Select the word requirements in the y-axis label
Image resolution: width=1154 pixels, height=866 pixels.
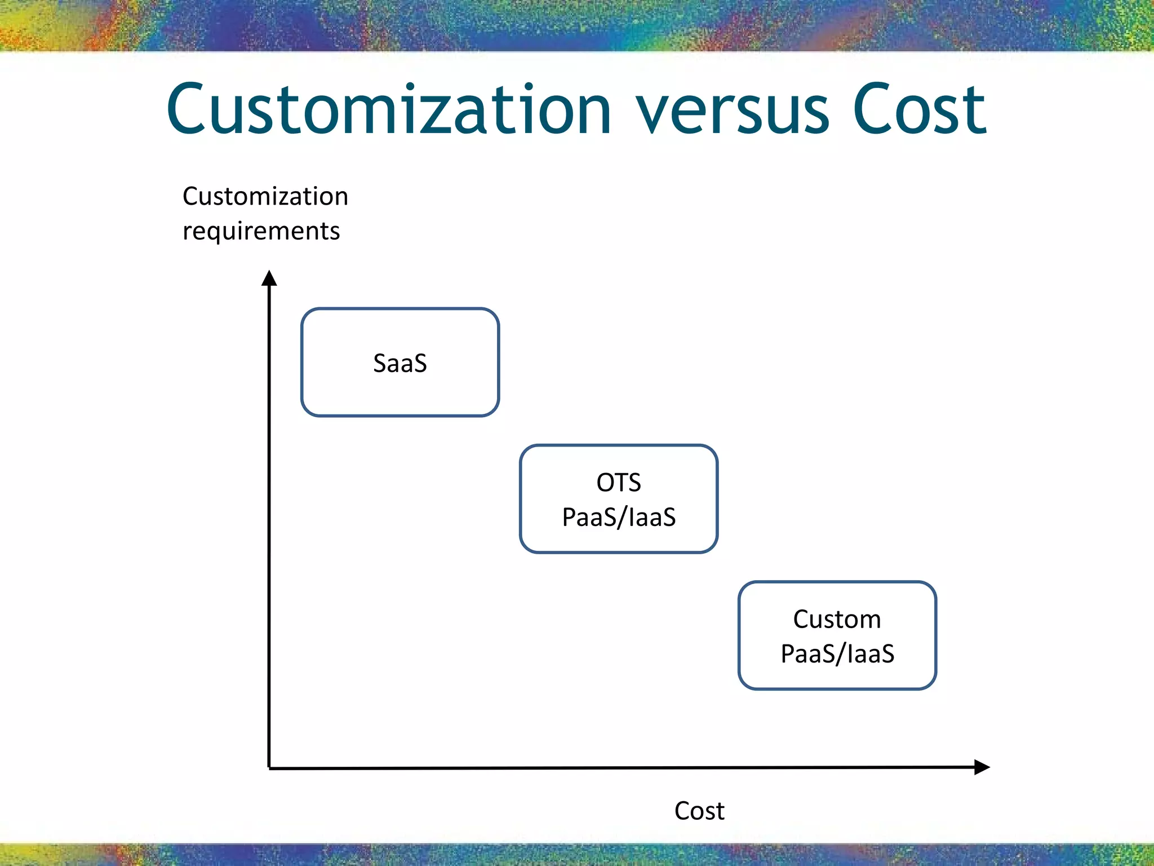[261, 231]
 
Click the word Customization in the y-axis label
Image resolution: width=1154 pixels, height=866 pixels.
[265, 196]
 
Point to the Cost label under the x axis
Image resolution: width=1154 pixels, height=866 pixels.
[699, 811]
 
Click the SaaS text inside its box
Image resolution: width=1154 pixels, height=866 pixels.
[400, 363]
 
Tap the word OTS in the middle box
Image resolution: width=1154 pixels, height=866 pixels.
[619, 483]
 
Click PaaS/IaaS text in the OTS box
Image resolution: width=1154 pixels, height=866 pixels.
[619, 517]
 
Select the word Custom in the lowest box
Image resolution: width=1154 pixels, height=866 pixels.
[837, 619]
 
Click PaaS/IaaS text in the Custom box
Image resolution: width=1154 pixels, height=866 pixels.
[837, 654]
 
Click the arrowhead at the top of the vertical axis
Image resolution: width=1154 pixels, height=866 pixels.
[269, 279]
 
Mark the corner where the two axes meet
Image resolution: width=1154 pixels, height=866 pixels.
[269, 768]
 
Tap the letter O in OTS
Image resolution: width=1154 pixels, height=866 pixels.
[605, 483]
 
